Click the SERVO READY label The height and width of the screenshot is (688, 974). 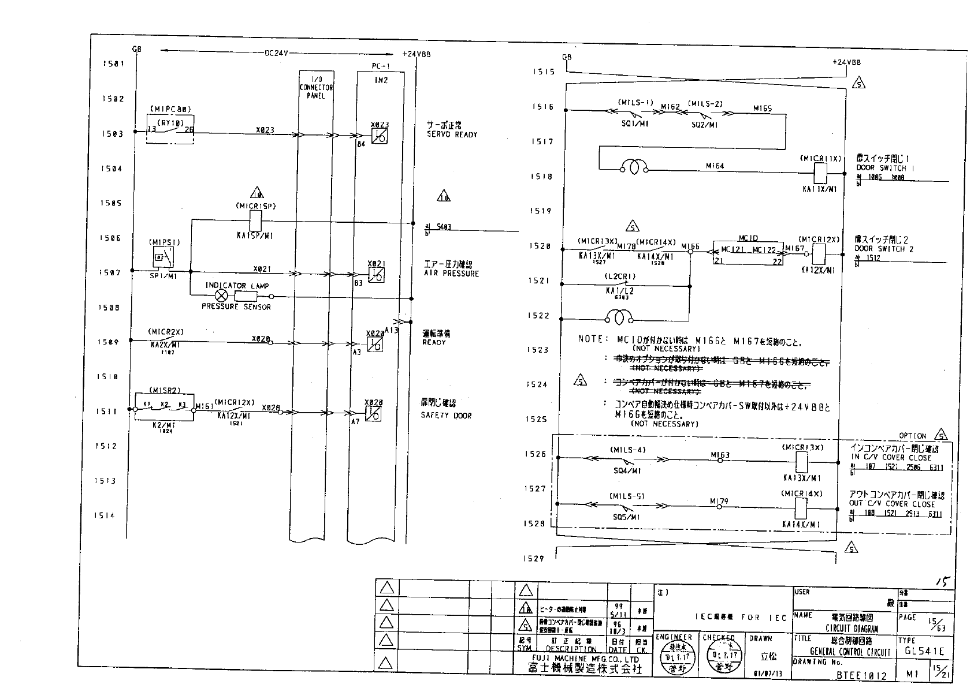point(452,134)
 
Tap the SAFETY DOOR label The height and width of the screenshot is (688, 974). point(446,416)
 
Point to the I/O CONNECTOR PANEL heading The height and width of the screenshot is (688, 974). point(316,87)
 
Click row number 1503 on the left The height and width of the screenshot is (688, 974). point(113,134)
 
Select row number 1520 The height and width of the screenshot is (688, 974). point(540,246)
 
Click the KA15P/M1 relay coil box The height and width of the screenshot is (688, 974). point(255,219)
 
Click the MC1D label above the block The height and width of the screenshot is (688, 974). point(748,238)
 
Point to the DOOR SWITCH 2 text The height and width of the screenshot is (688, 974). point(884,249)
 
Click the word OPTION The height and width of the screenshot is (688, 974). point(912,436)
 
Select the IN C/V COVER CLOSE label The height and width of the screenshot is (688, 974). point(891,458)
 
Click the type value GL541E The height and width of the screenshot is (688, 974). point(924,652)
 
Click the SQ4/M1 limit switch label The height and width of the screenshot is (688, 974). point(627,471)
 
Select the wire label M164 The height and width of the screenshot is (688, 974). point(715,166)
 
